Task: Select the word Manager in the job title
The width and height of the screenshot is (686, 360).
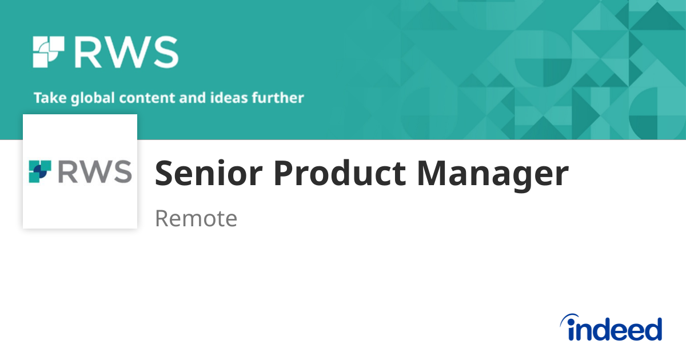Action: pos(493,174)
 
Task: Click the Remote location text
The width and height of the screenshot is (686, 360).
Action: pos(196,218)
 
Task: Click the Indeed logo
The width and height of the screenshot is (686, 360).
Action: pos(611,328)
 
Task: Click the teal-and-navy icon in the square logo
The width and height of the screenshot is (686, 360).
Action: pos(40,171)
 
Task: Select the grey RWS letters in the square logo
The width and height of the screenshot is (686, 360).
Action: pos(95,171)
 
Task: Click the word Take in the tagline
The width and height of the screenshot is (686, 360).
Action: pos(50,98)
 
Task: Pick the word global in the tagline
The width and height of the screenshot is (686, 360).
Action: pos(90,98)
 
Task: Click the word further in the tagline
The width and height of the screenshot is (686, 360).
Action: pos(280,98)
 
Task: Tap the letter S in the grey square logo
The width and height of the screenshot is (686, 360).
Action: pos(121,171)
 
